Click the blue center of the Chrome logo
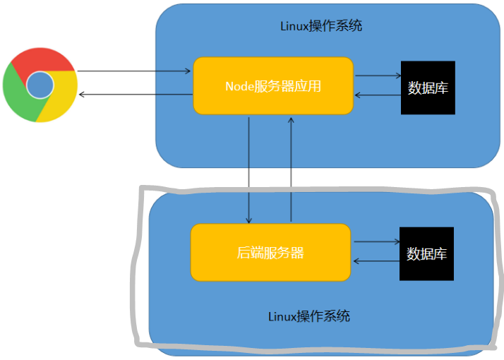(x=40, y=85)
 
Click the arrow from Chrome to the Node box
(x=134, y=71)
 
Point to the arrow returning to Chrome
(x=134, y=95)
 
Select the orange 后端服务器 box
(x=270, y=252)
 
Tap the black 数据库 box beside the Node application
(x=428, y=88)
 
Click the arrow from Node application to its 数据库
(x=377, y=76)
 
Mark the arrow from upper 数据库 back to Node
(x=377, y=95)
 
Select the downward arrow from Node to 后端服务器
(x=249, y=169)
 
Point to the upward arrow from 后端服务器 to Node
(x=291, y=169)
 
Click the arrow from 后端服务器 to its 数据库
(x=376, y=241)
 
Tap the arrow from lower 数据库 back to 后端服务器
(x=376, y=261)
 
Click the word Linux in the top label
(x=294, y=26)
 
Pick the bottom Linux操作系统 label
(x=309, y=316)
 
